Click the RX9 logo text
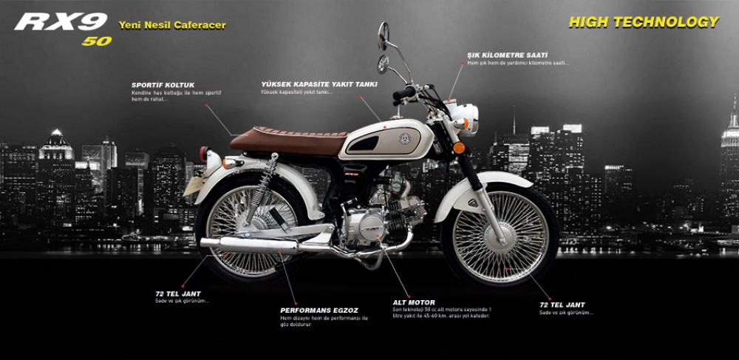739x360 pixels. [61, 21]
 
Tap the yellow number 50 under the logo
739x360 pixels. [96, 41]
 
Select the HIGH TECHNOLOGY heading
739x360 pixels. [643, 22]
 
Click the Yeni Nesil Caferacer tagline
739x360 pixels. [172, 25]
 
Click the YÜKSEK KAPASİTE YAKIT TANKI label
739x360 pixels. [319, 85]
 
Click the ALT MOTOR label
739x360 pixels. [414, 302]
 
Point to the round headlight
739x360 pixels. [466, 117]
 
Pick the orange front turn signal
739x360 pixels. [459, 148]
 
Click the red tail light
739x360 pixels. [203, 154]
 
